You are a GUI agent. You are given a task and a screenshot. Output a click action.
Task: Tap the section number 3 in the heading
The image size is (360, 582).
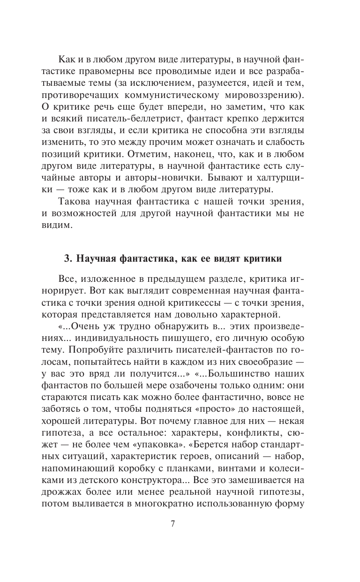[x=67, y=259]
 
